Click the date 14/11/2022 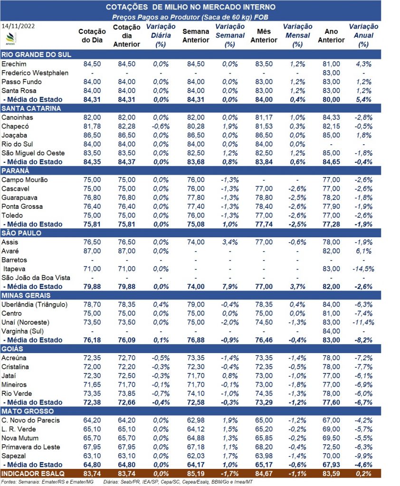18,26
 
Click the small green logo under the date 11,38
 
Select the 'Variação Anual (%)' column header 363,35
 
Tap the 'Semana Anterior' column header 196,36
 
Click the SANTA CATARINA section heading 31,109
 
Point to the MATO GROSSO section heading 28,411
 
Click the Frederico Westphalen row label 35,73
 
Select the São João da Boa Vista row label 36,278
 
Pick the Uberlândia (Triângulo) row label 35,304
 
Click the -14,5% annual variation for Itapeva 363,269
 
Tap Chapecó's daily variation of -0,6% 161,126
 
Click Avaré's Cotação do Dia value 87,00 92,251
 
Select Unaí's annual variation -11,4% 363,322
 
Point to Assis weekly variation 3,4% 230,242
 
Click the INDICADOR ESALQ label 33,474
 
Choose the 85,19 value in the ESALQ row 196,474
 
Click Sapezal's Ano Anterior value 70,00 331,456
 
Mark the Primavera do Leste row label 31,447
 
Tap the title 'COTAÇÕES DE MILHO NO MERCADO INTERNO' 190,7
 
